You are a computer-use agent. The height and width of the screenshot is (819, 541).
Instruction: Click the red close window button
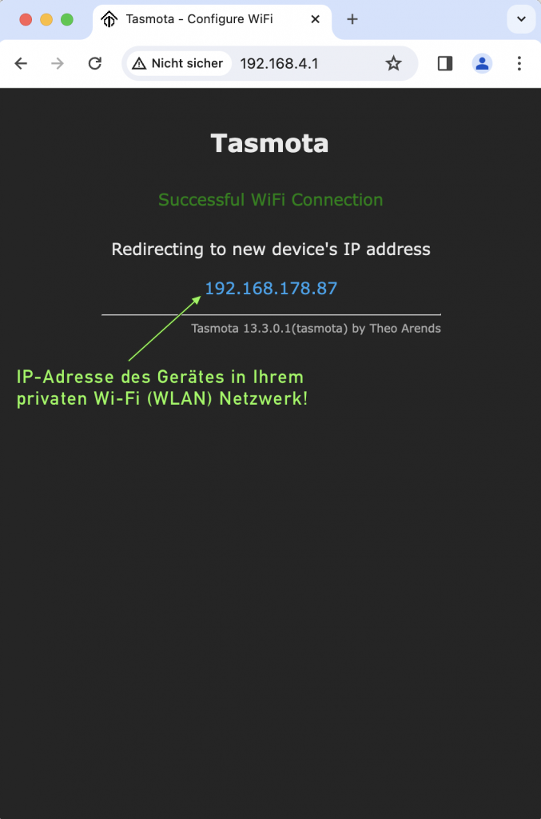point(26,20)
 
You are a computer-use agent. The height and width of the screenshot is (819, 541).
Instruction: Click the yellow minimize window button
point(46,20)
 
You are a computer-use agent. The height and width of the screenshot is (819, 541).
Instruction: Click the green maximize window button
point(67,20)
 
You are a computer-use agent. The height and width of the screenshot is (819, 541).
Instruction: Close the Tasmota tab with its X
point(316,19)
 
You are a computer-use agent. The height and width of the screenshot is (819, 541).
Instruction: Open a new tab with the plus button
point(352,19)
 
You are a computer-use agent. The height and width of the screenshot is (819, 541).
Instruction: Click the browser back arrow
point(21,63)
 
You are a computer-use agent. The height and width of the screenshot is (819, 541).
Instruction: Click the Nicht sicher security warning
point(177,63)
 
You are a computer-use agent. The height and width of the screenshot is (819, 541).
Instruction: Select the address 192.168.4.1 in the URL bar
point(279,63)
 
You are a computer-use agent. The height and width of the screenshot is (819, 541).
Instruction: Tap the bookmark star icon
point(393,63)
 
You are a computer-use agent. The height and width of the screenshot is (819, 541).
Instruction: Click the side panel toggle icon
point(445,63)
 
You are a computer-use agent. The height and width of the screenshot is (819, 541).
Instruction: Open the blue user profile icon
point(482,63)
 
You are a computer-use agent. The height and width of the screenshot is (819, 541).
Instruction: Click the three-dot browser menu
point(519,63)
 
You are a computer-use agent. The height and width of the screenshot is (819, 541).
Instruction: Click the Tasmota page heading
point(270,143)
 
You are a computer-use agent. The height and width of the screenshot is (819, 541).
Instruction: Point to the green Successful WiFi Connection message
point(270,200)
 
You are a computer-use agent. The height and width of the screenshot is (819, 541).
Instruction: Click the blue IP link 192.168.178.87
point(271,289)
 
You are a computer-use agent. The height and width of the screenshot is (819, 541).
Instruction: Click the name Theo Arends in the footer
point(405,328)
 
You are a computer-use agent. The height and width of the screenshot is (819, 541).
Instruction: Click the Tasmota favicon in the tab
point(109,19)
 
